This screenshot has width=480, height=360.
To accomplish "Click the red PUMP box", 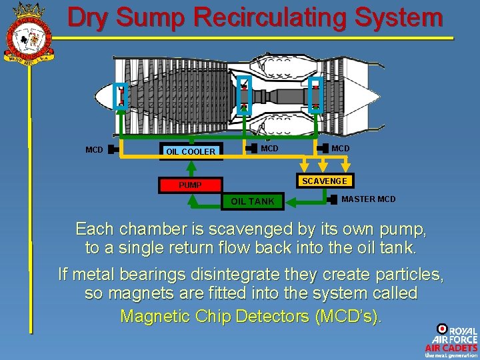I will coord(191,185).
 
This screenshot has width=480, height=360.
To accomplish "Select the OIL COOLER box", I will coord(191,151).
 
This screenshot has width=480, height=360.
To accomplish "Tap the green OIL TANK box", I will coord(253,201).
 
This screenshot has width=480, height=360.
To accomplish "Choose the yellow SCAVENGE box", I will coord(324,181).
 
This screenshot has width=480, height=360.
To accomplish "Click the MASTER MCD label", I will coord(368,199).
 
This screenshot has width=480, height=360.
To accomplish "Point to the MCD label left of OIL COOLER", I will coord(94,150).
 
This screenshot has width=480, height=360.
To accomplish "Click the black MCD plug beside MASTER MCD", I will coord(333,199).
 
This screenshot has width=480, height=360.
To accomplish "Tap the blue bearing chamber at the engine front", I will coord(121,97).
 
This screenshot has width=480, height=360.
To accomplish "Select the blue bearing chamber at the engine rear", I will coord(315,94).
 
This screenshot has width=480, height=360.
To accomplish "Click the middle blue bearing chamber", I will coord(244,94).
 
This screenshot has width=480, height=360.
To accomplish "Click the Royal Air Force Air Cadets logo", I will coord(451,341).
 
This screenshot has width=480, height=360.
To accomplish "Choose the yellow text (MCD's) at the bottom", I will coord(347,316).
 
